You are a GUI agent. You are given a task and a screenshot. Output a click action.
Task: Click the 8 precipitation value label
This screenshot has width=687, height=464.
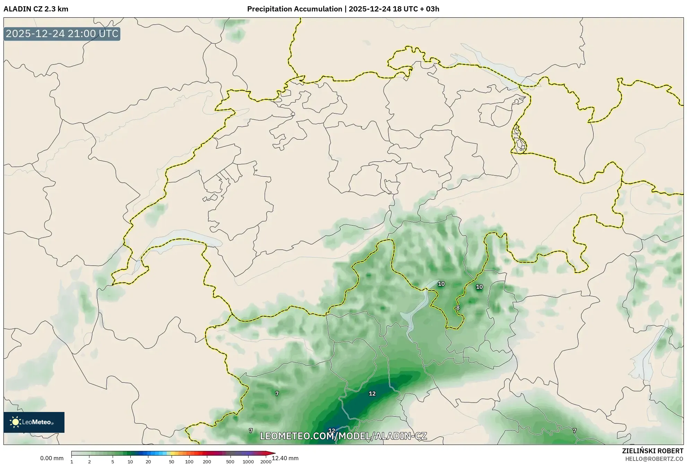[x=458, y=308]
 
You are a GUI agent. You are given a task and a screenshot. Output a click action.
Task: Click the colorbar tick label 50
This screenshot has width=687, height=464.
[x=171, y=462]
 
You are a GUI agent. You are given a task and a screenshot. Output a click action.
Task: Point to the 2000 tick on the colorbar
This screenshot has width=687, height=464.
[x=266, y=462]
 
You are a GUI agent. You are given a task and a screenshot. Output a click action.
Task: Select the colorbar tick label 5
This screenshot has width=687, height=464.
[x=113, y=462]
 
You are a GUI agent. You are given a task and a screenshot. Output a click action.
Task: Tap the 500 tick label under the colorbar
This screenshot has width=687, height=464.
[x=230, y=462]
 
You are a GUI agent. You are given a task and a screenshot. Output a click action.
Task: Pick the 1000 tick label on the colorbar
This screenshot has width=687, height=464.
[x=248, y=462]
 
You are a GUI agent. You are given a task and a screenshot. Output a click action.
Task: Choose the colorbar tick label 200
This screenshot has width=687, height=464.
[x=207, y=462]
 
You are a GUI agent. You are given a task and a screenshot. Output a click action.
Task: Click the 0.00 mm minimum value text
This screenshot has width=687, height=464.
[x=52, y=458]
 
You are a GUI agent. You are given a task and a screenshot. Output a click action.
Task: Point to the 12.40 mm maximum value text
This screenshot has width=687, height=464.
[x=285, y=458]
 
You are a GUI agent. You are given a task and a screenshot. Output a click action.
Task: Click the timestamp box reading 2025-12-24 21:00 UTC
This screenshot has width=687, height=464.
[x=62, y=34]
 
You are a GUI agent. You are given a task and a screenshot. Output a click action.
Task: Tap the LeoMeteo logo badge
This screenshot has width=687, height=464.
[x=34, y=422]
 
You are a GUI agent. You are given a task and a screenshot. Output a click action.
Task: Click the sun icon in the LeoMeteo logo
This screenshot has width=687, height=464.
[x=15, y=422]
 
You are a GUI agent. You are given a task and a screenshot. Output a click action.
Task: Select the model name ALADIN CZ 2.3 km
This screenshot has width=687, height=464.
[x=36, y=9]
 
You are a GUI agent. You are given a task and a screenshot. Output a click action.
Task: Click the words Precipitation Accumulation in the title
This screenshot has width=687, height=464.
[x=294, y=9]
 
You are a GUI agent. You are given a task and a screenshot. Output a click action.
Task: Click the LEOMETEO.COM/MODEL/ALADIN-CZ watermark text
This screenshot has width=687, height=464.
[x=343, y=436]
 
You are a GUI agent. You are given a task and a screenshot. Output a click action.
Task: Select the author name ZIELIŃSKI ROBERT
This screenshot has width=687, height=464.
[x=653, y=451]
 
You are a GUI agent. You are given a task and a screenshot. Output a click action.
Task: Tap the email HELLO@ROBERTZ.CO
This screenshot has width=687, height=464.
[x=654, y=459]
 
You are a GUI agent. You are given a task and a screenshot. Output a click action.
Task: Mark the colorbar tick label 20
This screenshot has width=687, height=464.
[x=148, y=462]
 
